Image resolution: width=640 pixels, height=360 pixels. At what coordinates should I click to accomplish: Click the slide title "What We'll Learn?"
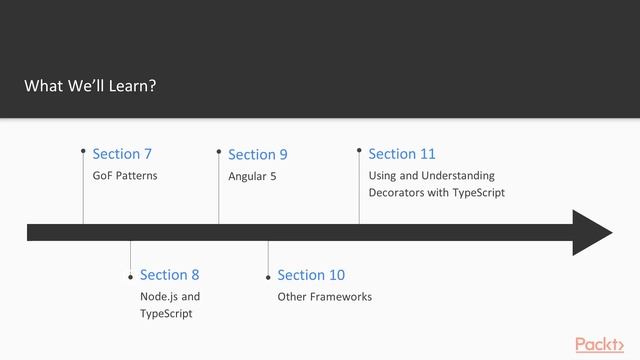[x=90, y=86]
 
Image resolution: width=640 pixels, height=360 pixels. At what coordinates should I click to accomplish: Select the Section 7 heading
[x=122, y=153]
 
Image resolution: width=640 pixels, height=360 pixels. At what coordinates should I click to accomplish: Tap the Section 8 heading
[x=169, y=274]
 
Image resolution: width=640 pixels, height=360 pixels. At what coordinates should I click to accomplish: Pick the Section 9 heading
[x=257, y=154]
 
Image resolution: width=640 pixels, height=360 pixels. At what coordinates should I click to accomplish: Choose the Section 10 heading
[x=310, y=274]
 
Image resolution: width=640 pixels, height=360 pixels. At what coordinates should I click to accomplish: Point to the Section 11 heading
[x=401, y=153]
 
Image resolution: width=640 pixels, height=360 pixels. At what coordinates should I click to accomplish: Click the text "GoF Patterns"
[x=125, y=176]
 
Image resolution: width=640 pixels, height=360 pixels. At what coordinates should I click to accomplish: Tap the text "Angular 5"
[x=252, y=176]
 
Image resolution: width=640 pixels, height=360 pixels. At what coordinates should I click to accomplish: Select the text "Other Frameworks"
[x=324, y=297]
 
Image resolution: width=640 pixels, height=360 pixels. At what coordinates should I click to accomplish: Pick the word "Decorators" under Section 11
[x=397, y=192]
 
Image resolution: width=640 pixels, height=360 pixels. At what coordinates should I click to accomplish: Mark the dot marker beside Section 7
[x=83, y=151]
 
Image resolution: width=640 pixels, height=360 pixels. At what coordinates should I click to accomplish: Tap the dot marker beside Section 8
[x=130, y=275]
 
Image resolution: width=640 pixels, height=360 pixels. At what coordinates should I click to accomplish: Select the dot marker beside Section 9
[x=218, y=151]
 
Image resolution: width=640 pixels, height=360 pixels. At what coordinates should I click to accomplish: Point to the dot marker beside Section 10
[x=268, y=275]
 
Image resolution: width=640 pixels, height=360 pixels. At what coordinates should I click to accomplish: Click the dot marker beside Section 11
[x=359, y=150]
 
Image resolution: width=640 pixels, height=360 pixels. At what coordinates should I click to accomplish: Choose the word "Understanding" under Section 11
[x=458, y=176]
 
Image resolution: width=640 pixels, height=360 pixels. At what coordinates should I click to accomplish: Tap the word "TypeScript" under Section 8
[x=166, y=314]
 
